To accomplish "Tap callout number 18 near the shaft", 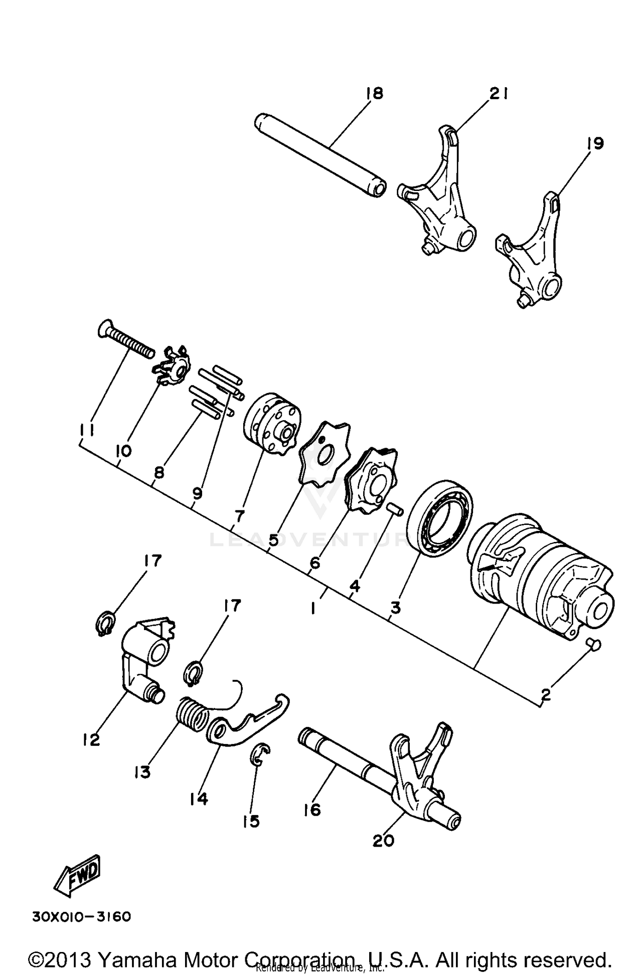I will [x=374, y=93].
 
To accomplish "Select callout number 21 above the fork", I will [x=498, y=93].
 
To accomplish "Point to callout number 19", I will [x=595, y=143].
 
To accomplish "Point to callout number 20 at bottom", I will [x=383, y=841].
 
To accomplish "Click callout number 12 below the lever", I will [x=91, y=739].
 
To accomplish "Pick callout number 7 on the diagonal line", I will [x=239, y=516].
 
